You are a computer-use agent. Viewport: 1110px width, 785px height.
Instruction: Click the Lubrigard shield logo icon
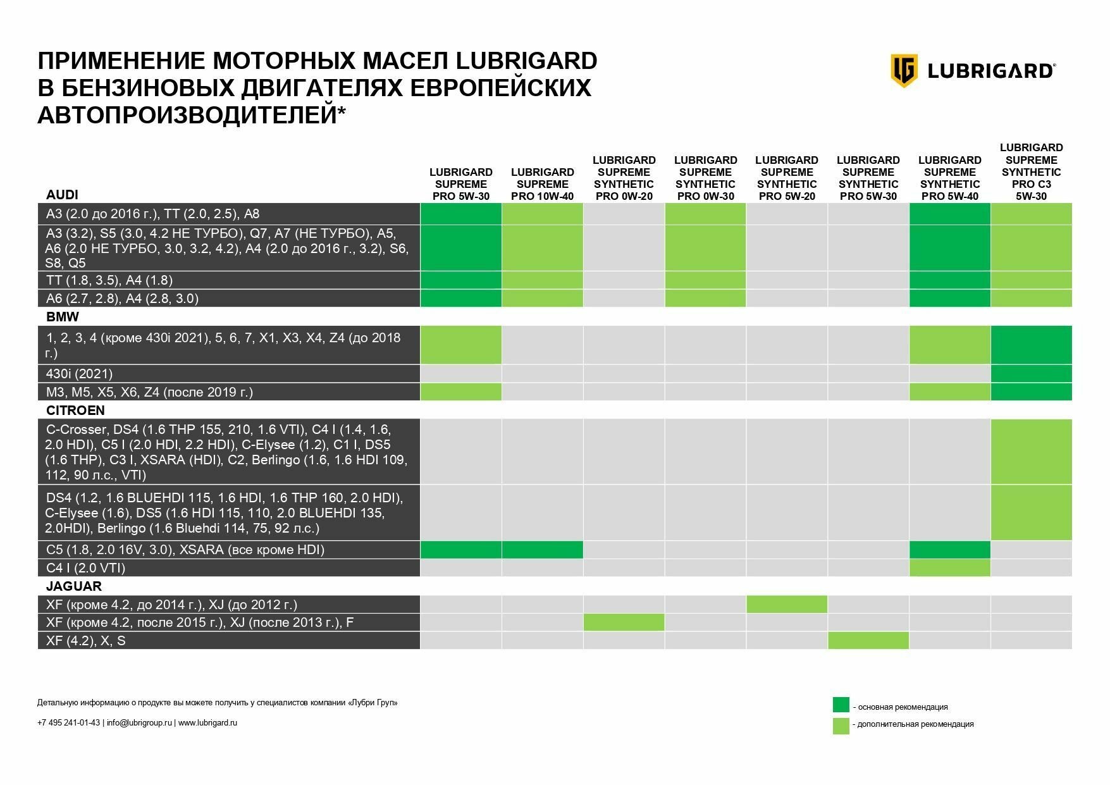pos(904,70)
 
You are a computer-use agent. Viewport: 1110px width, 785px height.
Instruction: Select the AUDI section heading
pos(62,194)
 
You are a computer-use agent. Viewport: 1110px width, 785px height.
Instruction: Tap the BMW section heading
pos(62,316)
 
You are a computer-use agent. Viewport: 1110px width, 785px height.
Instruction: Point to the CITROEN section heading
pos(75,410)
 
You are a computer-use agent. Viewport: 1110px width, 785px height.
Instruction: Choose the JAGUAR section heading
pos(73,586)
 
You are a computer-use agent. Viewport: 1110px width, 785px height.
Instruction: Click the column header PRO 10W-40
pos(542,184)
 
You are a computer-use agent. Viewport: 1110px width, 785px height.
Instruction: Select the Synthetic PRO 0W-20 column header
pos(624,178)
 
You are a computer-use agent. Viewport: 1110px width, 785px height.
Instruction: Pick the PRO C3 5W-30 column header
pos(1031,171)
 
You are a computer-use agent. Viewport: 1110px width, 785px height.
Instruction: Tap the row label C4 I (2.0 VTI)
pos(85,567)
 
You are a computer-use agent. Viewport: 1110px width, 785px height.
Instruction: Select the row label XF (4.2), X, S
pos(85,640)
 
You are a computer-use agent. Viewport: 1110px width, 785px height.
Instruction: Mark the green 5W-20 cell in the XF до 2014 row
pos(787,604)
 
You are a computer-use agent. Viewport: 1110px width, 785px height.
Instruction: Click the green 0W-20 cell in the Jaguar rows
pos(624,622)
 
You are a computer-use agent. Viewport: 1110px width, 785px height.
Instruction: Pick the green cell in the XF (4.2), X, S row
pos(868,640)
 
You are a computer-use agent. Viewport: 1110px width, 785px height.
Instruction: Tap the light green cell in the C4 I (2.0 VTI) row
pos(949,567)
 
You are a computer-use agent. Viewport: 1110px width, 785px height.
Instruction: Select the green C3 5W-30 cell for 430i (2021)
pos(1031,373)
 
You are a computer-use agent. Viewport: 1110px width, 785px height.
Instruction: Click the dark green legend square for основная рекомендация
pos(841,705)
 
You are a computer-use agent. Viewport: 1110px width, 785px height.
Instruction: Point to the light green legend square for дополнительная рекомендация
pos(841,726)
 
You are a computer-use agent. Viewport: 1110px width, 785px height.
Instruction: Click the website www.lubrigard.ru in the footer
pos(207,722)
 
